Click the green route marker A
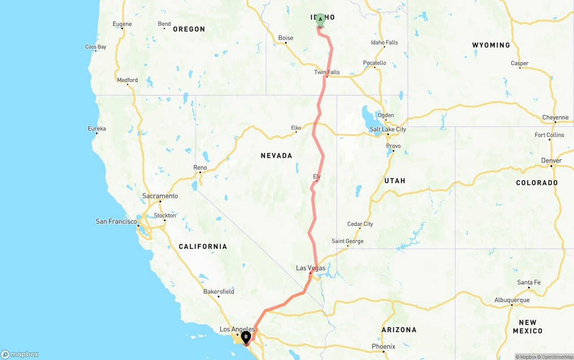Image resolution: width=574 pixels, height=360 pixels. (321, 19)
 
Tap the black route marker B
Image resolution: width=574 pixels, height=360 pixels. (246, 337)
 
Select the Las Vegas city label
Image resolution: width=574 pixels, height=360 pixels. (311, 268)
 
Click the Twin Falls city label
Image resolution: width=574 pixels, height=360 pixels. (327, 72)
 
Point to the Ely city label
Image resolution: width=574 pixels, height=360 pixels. (317, 177)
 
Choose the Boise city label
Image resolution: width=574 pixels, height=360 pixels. (286, 38)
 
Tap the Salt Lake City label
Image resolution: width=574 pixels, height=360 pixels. (388, 129)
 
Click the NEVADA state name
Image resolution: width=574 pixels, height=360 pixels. (277, 156)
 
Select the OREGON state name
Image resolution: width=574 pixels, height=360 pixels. (189, 29)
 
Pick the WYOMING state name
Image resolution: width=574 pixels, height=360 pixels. (491, 45)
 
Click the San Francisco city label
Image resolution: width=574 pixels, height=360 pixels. (116, 221)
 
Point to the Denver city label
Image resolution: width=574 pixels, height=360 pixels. (552, 160)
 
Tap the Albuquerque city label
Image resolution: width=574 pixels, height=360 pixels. (512, 300)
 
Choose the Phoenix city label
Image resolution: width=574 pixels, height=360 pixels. (383, 347)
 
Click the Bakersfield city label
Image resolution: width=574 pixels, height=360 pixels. (219, 291)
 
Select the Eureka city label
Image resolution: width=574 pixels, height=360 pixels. (97, 129)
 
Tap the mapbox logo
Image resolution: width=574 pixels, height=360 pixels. (20, 355)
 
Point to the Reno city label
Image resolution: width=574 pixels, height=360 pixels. (200, 168)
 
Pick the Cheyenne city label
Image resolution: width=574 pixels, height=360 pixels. (555, 117)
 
